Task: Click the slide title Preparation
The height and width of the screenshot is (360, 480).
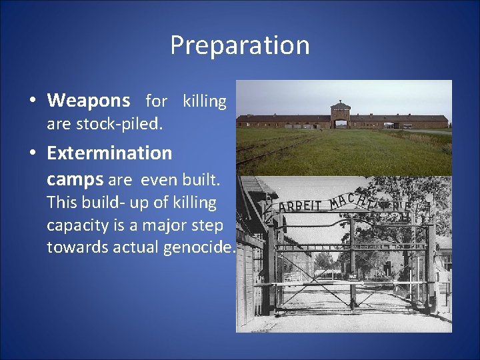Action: click(239, 45)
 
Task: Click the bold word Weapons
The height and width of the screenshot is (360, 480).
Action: click(89, 101)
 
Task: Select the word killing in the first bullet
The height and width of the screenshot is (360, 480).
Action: click(205, 101)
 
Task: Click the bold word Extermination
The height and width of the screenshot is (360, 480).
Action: click(109, 153)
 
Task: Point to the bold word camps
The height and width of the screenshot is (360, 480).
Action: click(75, 179)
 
